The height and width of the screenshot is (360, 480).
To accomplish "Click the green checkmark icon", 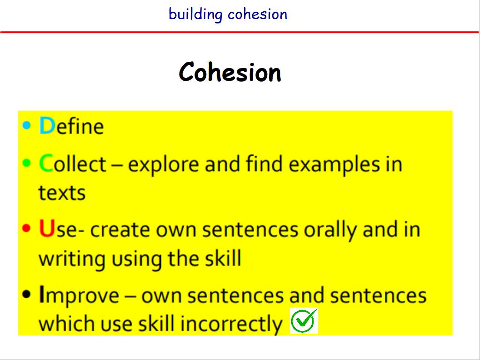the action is pyautogui.click(x=304, y=321).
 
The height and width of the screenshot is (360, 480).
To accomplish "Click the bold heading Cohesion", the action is pyautogui.click(x=230, y=72).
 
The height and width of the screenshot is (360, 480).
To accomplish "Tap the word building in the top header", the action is pyautogui.click(x=195, y=14).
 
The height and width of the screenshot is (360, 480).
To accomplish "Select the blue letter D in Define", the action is pyautogui.click(x=47, y=126).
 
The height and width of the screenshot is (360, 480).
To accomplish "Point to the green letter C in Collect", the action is pyautogui.click(x=46, y=163).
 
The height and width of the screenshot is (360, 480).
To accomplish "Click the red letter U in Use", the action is pyautogui.click(x=47, y=228).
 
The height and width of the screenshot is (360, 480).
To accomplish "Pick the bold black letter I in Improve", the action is pyautogui.click(x=42, y=294).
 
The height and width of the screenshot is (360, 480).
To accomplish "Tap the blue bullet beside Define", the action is pyautogui.click(x=27, y=125).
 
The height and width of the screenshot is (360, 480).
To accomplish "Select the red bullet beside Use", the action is pyautogui.click(x=27, y=228).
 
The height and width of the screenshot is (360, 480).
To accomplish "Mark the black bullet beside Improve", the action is pyautogui.click(x=27, y=294).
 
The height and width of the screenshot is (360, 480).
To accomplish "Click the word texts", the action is pyautogui.click(x=62, y=193).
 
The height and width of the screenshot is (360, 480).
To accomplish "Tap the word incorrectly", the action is pyautogui.click(x=231, y=324).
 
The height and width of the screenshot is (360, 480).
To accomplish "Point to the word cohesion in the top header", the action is pyautogui.click(x=257, y=14).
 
